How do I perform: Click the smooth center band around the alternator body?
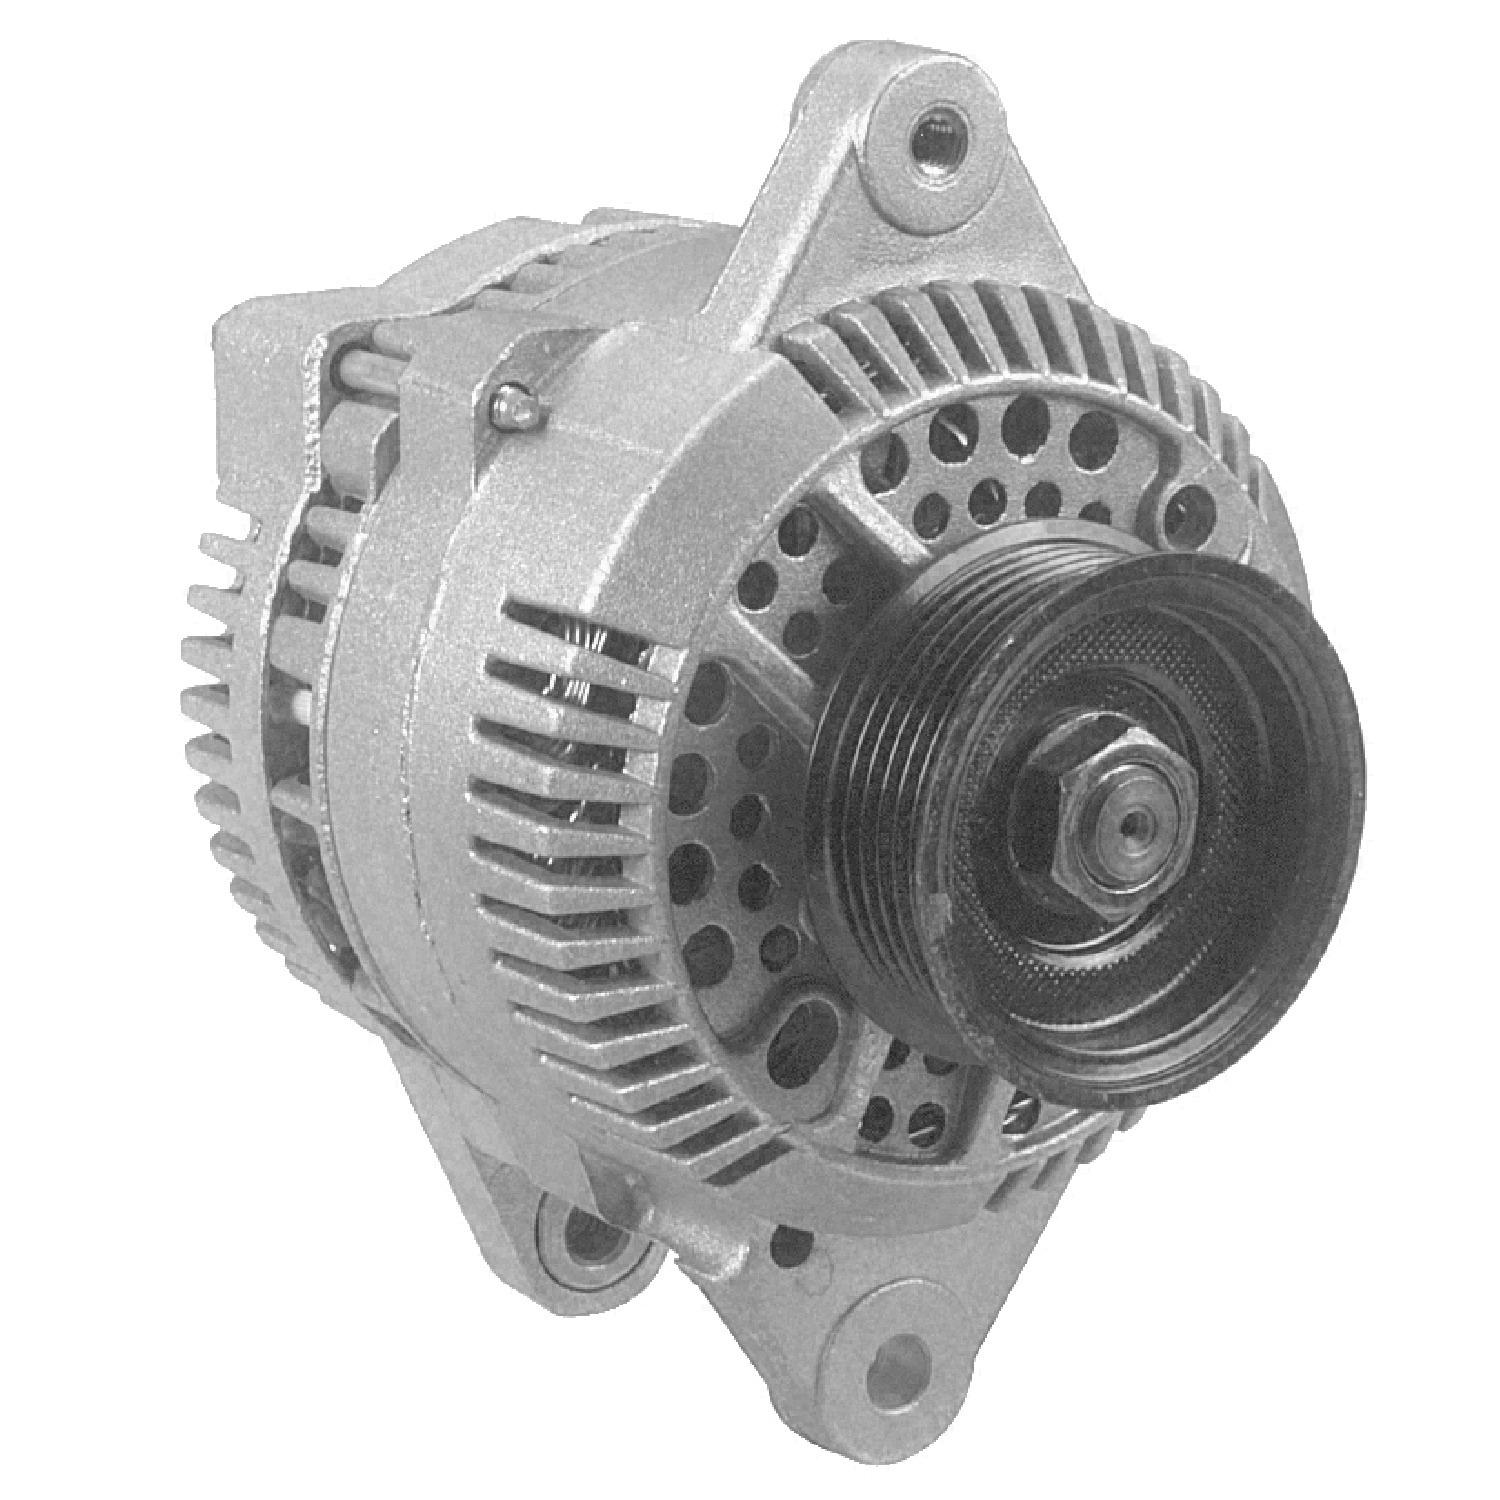tap(380, 750)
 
